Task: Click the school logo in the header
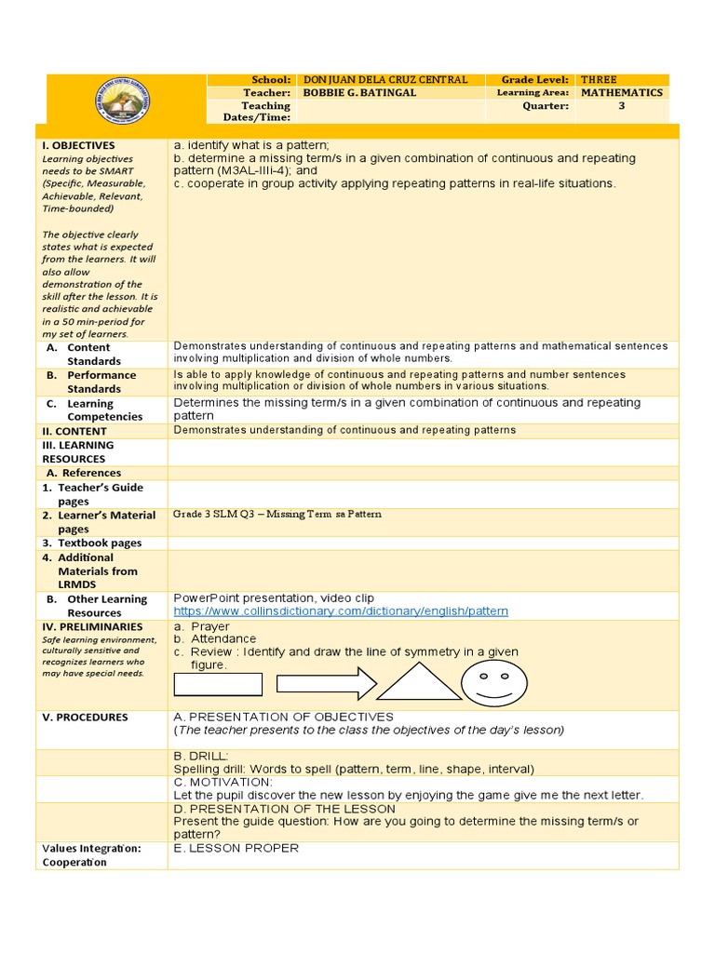point(126,99)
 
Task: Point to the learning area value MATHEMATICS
point(622,93)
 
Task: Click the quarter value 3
point(622,106)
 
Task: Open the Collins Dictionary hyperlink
point(341,611)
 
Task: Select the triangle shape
point(418,682)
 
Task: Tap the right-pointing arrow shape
point(326,684)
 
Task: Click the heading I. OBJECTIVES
point(78,146)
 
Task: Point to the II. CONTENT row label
point(74,431)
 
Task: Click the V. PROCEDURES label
point(85,718)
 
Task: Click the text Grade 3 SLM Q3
point(217,514)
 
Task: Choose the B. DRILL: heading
point(201,757)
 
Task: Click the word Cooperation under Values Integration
point(74,862)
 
